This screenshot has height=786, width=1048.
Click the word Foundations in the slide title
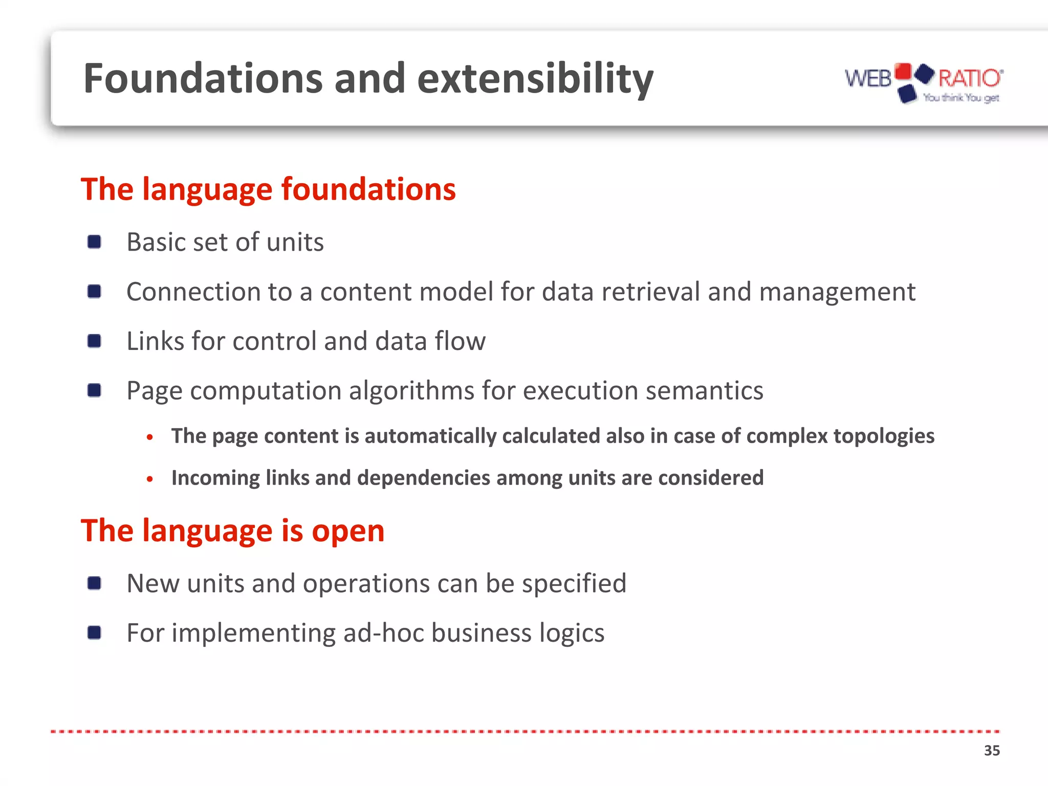click(x=203, y=78)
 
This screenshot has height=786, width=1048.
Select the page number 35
click(x=992, y=751)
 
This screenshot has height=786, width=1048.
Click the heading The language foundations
click(x=268, y=189)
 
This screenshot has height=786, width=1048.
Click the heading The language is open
click(x=232, y=531)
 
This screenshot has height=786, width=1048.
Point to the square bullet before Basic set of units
click(x=94, y=242)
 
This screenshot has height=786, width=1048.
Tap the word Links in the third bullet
click(x=155, y=341)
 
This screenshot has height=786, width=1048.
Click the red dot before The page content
click(x=149, y=437)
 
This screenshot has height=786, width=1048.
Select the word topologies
click(x=884, y=436)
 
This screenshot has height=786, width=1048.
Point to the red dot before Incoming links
click(x=149, y=479)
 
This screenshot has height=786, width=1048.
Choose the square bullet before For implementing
click(x=94, y=632)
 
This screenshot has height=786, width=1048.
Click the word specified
click(x=574, y=583)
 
